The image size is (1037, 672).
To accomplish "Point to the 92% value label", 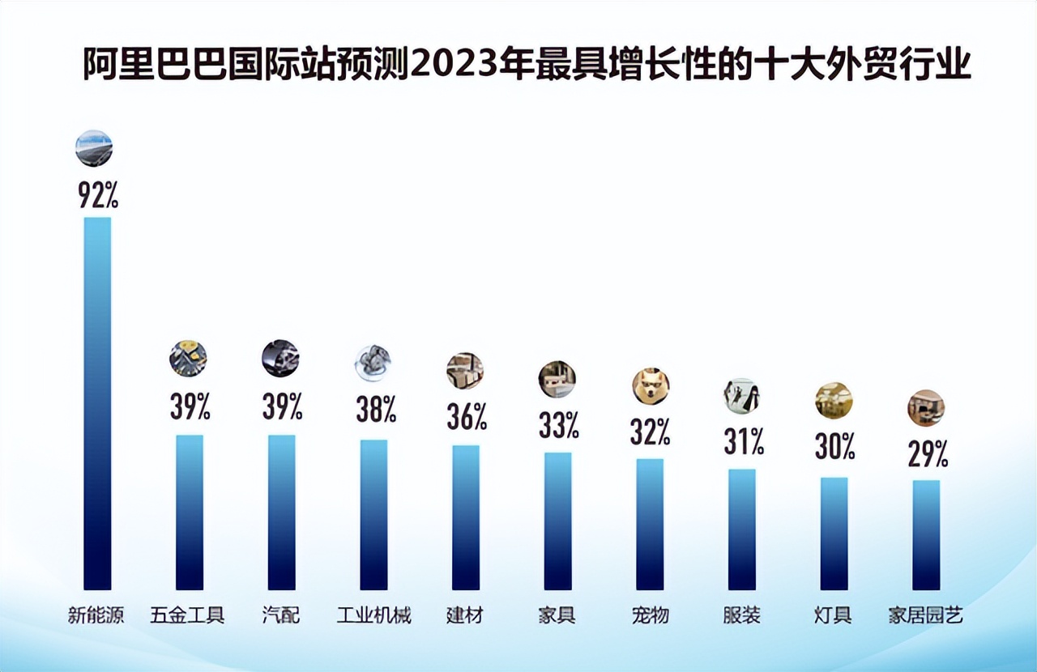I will (x=98, y=195).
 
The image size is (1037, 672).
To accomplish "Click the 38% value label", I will (x=376, y=410).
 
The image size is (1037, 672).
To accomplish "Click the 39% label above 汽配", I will (x=282, y=406).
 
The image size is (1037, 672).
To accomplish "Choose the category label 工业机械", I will (x=373, y=615).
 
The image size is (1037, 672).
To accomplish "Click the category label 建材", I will (x=465, y=615).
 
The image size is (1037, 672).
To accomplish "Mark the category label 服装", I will (x=741, y=615).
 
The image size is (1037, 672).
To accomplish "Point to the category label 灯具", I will (x=833, y=615).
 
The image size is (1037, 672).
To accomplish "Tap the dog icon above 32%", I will (x=651, y=386).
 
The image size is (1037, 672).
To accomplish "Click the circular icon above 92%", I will (x=94, y=148).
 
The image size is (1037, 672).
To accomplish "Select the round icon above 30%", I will (x=834, y=400).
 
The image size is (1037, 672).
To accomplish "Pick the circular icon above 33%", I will (x=557, y=379).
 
